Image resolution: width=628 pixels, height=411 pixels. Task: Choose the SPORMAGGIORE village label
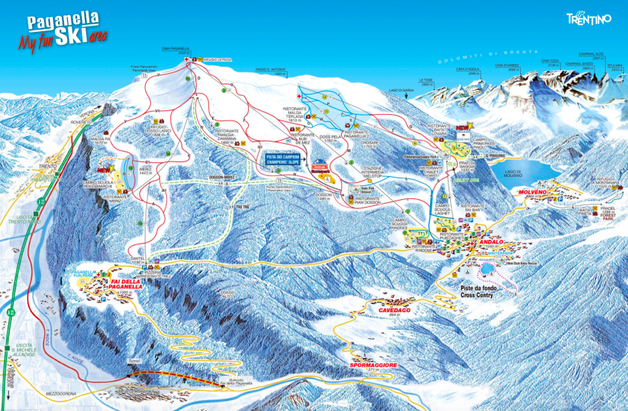pos(373,366)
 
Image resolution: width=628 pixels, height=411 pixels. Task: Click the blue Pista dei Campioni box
pos(283,159)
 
